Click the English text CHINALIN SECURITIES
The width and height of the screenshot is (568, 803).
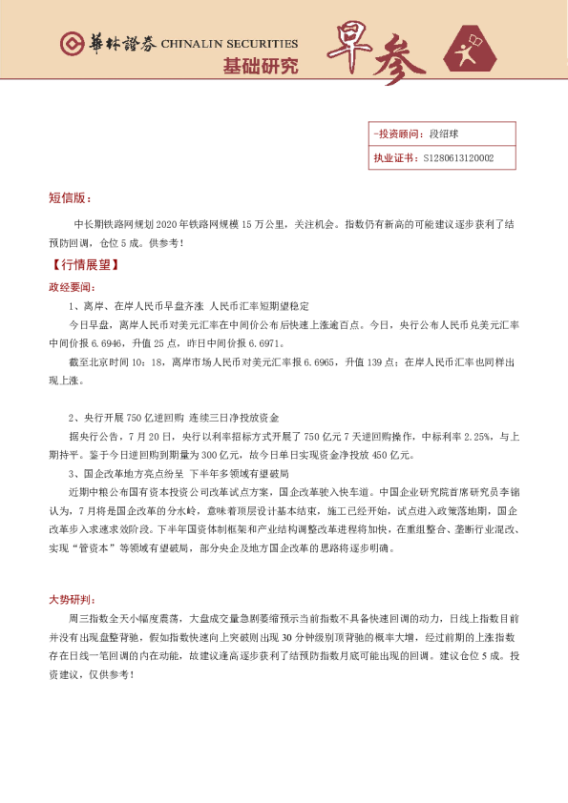(x=229, y=44)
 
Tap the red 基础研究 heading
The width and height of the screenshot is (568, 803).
(x=260, y=66)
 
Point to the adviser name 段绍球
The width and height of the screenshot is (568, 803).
(x=446, y=135)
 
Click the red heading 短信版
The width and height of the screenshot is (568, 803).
(x=70, y=198)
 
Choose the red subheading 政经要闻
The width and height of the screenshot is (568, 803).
(x=73, y=286)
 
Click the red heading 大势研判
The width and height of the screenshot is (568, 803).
(x=73, y=600)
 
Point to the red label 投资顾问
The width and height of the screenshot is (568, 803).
(x=398, y=135)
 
